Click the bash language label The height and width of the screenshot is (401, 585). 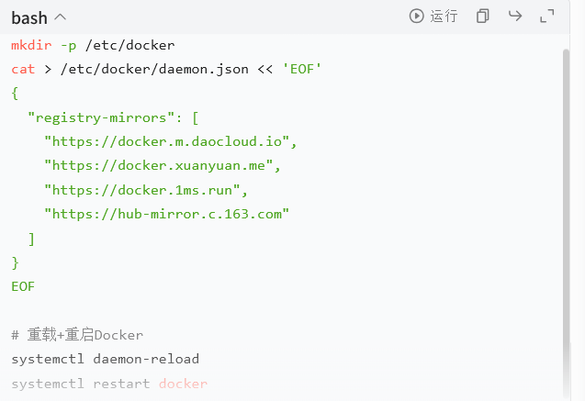tap(29, 17)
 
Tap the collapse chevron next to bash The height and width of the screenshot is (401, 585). tap(60, 17)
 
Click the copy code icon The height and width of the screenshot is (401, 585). tap(482, 16)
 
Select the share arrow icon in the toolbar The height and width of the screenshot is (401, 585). tap(515, 16)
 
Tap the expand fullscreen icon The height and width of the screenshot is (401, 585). tap(547, 16)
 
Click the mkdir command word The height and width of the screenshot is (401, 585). tap(31, 45)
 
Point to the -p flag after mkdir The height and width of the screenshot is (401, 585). tap(69, 46)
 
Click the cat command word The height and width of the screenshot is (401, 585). tap(23, 70)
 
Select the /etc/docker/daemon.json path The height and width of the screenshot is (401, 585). tap(154, 70)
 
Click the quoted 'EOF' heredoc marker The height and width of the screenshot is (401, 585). tap(302, 69)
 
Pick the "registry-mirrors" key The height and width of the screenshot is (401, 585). tap(101, 117)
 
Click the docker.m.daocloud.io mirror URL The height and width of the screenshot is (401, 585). tap(166, 141)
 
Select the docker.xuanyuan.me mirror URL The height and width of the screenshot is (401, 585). tap(158, 165)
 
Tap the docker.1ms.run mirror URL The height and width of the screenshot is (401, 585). tap(141, 190)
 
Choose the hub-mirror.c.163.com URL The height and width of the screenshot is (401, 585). tap(166, 214)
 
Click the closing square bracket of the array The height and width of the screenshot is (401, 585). tap(32, 239)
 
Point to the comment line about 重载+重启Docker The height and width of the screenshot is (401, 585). tap(77, 335)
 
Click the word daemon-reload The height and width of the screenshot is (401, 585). tap(146, 359)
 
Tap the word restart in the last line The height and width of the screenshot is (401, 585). tap(121, 384)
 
